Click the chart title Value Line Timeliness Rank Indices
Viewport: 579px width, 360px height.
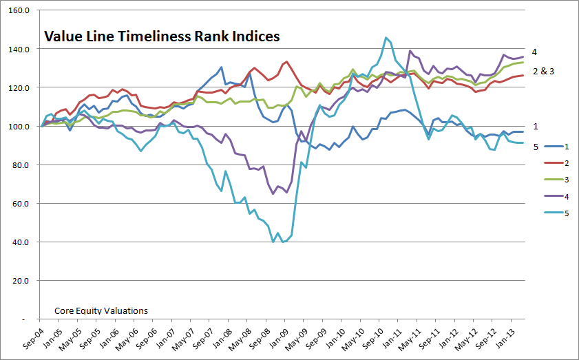coord(162,36)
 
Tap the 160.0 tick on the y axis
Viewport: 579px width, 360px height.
coord(19,11)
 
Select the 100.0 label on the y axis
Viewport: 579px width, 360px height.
coord(19,127)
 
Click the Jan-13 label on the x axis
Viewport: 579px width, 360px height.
coord(511,337)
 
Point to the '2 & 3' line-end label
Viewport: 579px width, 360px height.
coord(543,71)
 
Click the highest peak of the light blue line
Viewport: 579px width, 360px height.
coord(386,38)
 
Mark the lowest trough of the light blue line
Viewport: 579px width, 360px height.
coord(282,242)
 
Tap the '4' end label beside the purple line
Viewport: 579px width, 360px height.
coord(534,52)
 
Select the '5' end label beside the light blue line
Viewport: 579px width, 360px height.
coord(534,145)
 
